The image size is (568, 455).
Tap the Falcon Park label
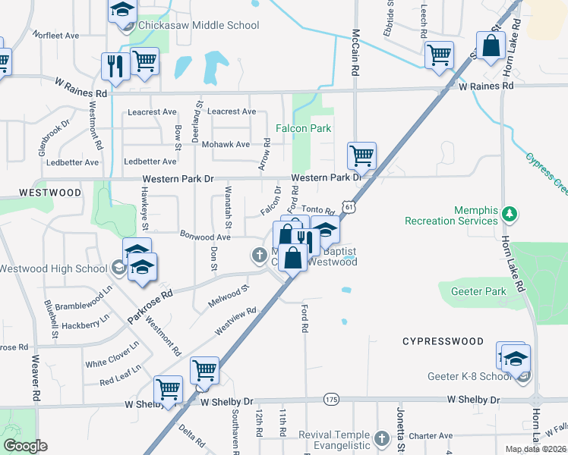pyautogui.click(x=303, y=128)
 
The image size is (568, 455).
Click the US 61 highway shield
pyautogui.click(x=348, y=206)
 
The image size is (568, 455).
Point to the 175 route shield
pyautogui.click(x=331, y=399)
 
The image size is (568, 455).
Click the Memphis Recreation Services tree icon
pyautogui.click(x=512, y=215)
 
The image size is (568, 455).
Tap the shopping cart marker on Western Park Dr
pyautogui.click(x=361, y=156)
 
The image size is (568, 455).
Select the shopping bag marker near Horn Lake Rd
pyautogui.click(x=491, y=45)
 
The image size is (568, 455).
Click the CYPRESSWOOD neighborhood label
pyautogui.click(x=443, y=341)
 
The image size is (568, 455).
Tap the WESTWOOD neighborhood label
pyautogui.click(x=50, y=193)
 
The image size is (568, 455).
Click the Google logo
pyautogui.click(x=25, y=446)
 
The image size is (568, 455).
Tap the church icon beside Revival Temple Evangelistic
pyautogui.click(x=381, y=438)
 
